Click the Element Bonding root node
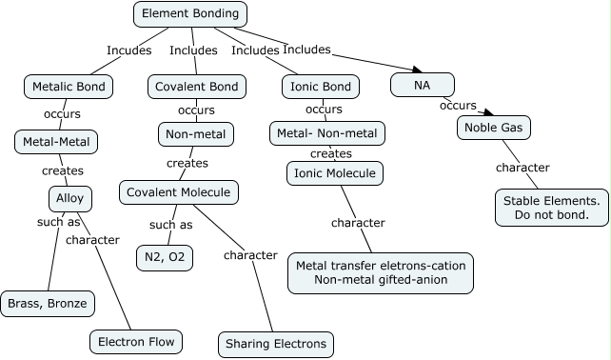[x=189, y=14]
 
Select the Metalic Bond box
[x=69, y=87]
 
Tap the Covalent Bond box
[x=196, y=87]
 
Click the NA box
[x=422, y=85]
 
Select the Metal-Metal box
[x=56, y=142]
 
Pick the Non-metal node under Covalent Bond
[x=195, y=134]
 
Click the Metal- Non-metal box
[x=327, y=133]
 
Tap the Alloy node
[x=69, y=198]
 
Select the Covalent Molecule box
[x=179, y=192]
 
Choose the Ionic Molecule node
[x=334, y=173]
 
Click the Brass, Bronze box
[x=48, y=303]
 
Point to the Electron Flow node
[x=135, y=341]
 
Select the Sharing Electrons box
[x=276, y=343]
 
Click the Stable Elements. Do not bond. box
[x=551, y=207]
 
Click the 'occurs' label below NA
[x=458, y=105]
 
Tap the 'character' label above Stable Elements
[x=522, y=168]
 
